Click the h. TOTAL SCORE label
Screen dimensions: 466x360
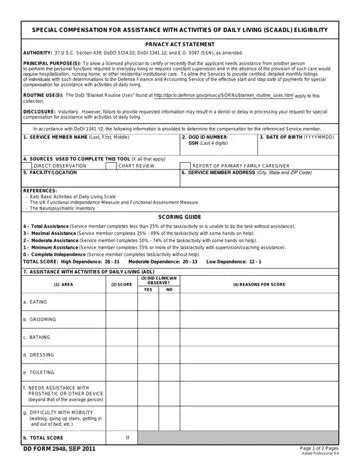pyautogui.click(x=46, y=437)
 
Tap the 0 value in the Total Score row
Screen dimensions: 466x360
pyautogui.click(x=127, y=437)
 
